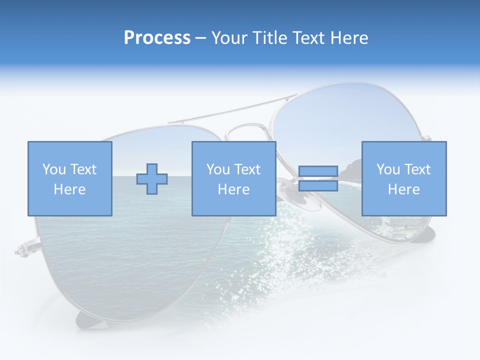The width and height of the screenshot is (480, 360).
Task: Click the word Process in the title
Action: (157, 38)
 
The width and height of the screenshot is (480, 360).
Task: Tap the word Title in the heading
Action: (270, 38)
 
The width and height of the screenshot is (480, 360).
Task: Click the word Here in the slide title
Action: (349, 38)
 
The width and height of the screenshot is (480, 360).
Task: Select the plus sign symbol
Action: (152, 179)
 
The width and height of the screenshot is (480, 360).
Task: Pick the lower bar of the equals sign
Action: (318, 186)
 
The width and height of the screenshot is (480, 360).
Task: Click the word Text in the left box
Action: (83, 169)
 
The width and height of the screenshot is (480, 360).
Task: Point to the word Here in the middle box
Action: (233, 189)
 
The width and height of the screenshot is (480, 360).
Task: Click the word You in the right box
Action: (388, 169)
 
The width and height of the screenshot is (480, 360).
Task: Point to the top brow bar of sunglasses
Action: (230, 111)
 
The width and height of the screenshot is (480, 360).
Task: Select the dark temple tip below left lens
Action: (90, 320)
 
